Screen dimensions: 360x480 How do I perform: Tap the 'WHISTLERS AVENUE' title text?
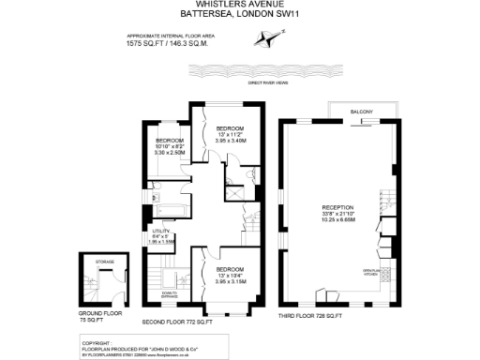coord(239,4)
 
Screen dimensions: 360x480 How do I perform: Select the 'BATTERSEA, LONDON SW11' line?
coord(239,14)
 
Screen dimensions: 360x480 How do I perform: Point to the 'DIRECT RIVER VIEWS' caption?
coord(270,83)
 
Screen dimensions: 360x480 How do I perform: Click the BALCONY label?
coord(362,113)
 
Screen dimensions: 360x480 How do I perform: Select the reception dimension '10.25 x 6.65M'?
coord(337,220)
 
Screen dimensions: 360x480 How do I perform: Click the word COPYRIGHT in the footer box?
coord(97,341)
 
